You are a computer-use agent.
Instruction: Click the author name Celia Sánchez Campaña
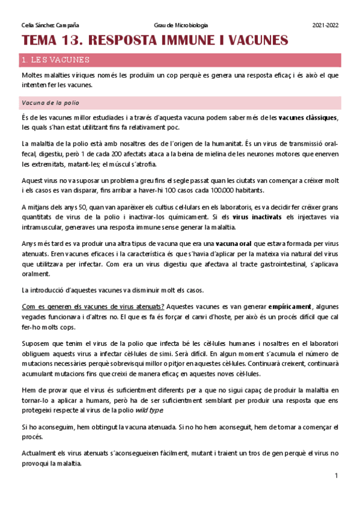coord(49,25)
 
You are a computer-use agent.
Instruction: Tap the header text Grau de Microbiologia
coord(181,25)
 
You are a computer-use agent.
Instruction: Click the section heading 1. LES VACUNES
coord(55,60)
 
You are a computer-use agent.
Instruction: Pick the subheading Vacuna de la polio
coord(50,103)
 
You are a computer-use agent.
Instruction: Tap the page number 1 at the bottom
coord(337,476)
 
